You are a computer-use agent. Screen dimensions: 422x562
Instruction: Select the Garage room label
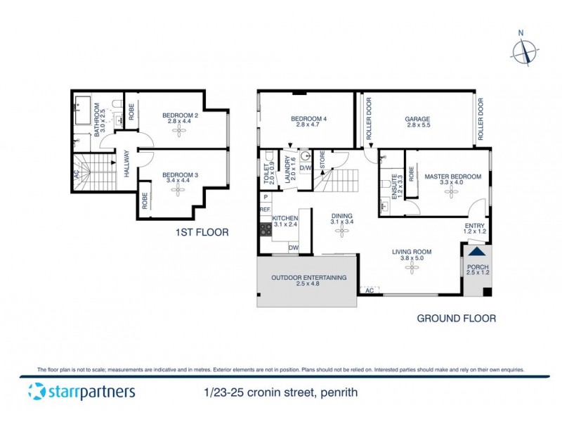tap(417, 119)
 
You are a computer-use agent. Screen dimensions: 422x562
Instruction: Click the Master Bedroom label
tap(452, 177)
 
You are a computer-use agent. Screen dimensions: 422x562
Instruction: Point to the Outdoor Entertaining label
tap(309, 278)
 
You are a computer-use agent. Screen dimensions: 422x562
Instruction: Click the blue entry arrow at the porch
tap(477, 252)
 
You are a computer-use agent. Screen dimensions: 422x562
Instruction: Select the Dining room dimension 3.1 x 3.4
tap(341, 222)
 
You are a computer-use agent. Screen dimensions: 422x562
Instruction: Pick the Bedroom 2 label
tap(180, 115)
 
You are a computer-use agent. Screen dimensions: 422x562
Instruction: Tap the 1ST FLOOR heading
tap(202, 232)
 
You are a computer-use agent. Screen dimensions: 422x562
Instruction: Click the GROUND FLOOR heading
tap(456, 319)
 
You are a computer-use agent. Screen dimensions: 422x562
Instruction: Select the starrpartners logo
tap(81, 392)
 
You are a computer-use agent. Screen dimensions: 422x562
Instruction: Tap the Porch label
tap(478, 267)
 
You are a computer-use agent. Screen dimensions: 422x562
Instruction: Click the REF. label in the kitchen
tap(265, 210)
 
